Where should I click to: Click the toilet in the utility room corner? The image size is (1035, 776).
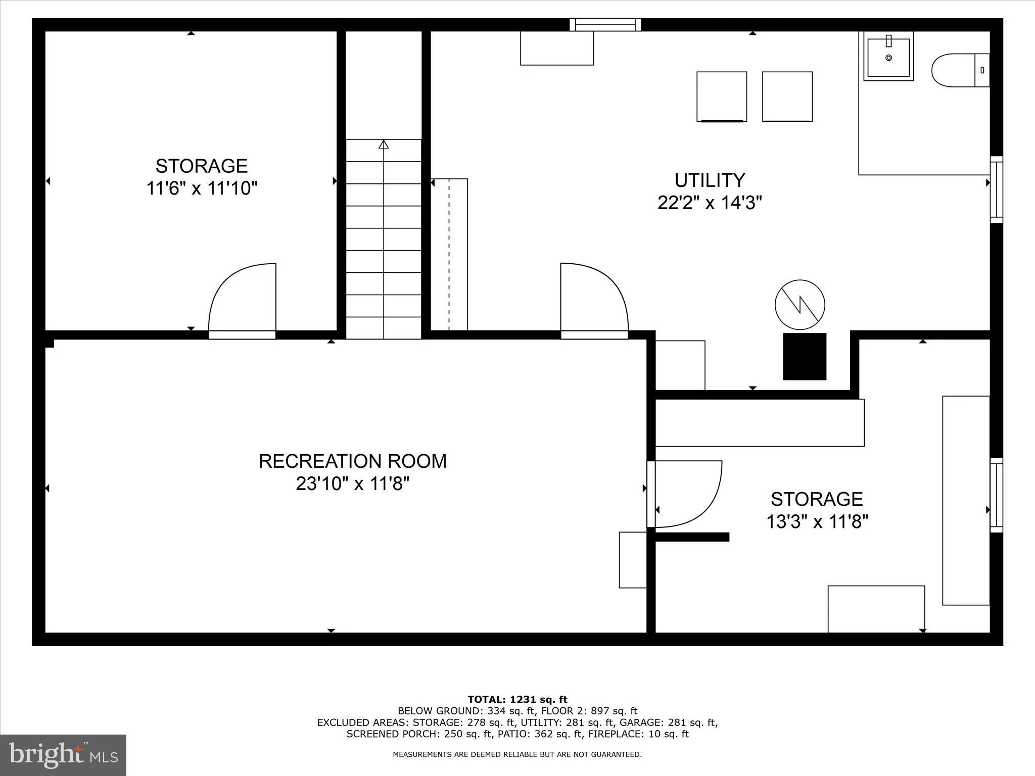(x=959, y=70)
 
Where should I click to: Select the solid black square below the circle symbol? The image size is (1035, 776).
(x=805, y=356)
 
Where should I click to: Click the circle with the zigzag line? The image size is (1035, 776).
(x=799, y=305)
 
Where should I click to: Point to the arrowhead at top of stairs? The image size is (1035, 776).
(x=384, y=144)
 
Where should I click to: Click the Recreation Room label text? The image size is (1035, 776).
(x=352, y=461)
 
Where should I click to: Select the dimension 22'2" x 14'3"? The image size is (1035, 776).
(x=709, y=203)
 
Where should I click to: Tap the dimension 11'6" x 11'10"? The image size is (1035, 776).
(x=202, y=188)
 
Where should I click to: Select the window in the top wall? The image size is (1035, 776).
(x=605, y=24)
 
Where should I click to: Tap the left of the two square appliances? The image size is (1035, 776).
(x=722, y=96)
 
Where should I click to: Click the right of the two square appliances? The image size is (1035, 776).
(x=787, y=96)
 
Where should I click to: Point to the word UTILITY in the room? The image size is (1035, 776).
(x=710, y=180)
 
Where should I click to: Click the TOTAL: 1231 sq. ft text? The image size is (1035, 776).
(x=517, y=699)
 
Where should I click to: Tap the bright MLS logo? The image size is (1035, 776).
(x=63, y=755)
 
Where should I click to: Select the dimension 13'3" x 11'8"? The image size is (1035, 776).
(x=817, y=521)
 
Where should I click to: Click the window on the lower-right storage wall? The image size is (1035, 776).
(x=996, y=495)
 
